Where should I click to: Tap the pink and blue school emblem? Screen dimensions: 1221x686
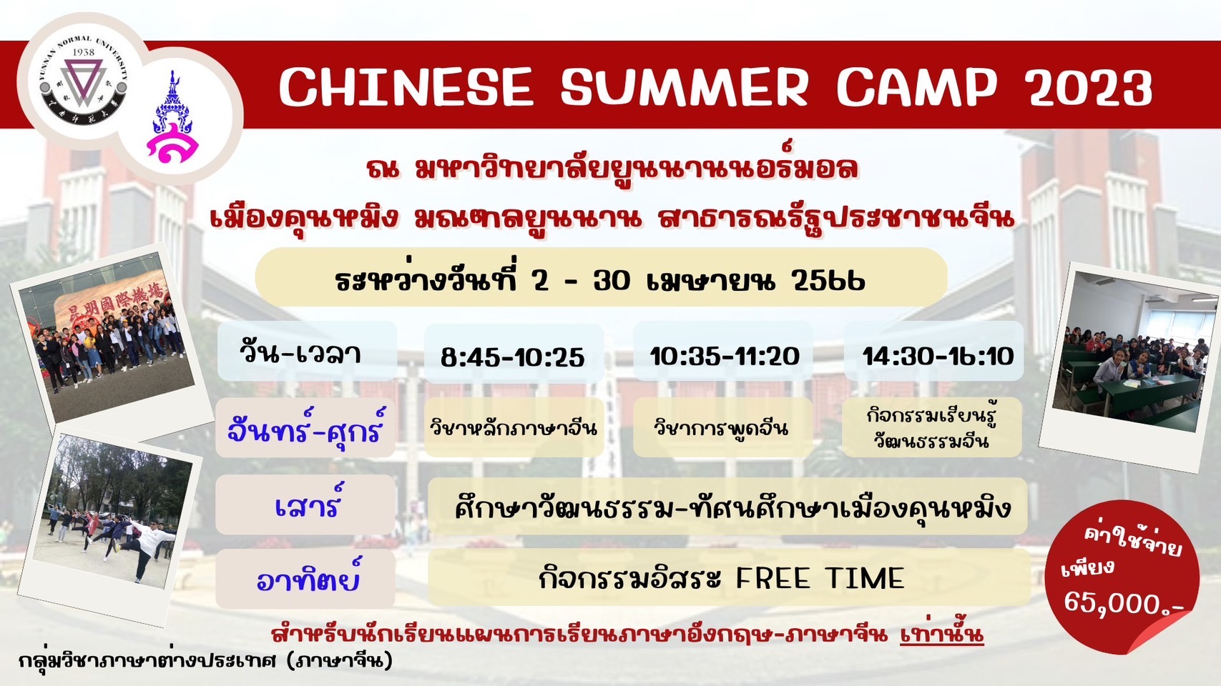pos(173,118)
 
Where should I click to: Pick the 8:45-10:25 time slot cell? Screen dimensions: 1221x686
pos(514,352)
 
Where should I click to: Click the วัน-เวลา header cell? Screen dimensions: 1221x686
pos(308,351)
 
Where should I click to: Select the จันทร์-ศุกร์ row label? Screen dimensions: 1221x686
pos(305,428)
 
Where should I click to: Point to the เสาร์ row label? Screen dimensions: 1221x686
pos(305,504)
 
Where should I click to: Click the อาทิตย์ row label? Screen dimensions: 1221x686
pos(305,578)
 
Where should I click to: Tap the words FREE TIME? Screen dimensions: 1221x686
pos(820,578)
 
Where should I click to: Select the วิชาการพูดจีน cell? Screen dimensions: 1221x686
pos(723,427)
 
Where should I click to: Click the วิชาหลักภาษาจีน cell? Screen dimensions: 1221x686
pos(514,428)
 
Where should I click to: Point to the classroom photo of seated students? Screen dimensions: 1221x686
pos(1130,367)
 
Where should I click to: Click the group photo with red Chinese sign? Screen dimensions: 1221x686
pos(109,337)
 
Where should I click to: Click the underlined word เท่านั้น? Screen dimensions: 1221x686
pos(942,635)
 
